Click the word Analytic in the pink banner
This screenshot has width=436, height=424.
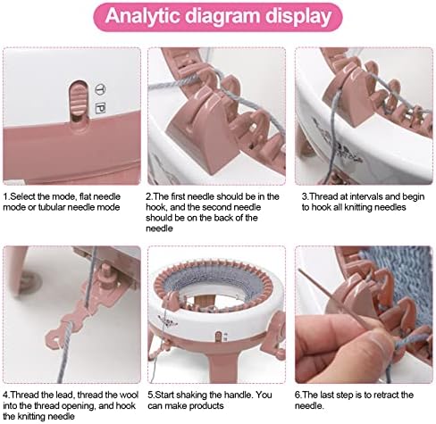[142, 15]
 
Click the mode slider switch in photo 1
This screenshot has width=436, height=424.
[78, 99]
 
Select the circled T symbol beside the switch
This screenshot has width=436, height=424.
[101, 89]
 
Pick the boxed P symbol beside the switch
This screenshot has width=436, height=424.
[100, 108]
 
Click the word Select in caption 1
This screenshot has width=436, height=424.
[22, 196]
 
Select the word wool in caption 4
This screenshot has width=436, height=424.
[129, 395]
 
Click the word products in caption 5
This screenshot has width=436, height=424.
[206, 406]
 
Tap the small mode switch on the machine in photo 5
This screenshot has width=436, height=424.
[219, 337]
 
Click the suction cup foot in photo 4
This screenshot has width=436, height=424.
[29, 280]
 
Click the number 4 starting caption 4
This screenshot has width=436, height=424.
[5, 395]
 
